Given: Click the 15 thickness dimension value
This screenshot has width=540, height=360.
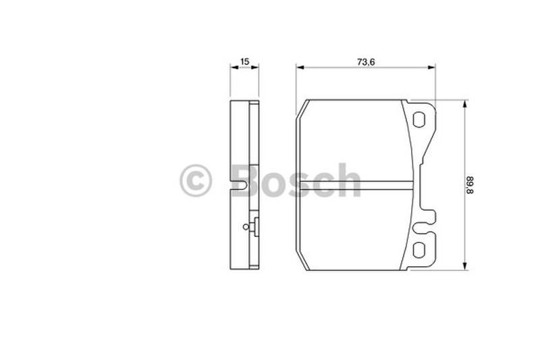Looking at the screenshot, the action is pyautogui.click(x=244, y=61).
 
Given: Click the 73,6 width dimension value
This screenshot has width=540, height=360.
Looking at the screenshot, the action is pyautogui.click(x=366, y=62).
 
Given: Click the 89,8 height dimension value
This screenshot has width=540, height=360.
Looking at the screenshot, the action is pyautogui.click(x=470, y=185).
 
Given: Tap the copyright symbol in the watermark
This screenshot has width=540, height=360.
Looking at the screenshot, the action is pyautogui.click(x=196, y=180).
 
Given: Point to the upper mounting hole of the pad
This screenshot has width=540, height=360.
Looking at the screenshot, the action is pyautogui.click(x=418, y=120).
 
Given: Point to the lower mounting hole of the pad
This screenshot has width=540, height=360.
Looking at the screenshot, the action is pyautogui.click(x=418, y=250).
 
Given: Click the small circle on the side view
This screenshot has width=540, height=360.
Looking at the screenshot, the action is pyautogui.click(x=246, y=227).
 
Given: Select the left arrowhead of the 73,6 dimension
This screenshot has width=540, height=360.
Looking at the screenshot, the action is pyautogui.click(x=300, y=67).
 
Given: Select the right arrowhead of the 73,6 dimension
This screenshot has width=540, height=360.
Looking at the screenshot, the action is pyautogui.click(x=431, y=67).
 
